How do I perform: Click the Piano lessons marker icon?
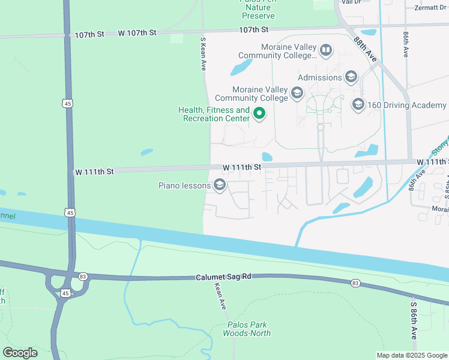coord(220,185)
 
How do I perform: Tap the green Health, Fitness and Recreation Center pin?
coord(259,113)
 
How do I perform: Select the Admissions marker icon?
coord(351,77)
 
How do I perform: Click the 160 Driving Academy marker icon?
coord(358,105)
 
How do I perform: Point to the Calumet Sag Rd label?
coord(223,278)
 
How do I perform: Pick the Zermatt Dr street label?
coord(431,7)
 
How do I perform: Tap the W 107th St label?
coord(137,32)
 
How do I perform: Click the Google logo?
coord(20,353)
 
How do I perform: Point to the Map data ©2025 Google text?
coord(411,355)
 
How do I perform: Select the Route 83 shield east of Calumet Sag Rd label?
coord(356,283)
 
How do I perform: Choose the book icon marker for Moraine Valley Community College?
coord(326,50)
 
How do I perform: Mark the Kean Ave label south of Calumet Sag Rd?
coord(220,296)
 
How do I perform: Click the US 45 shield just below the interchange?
coord(65,292)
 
